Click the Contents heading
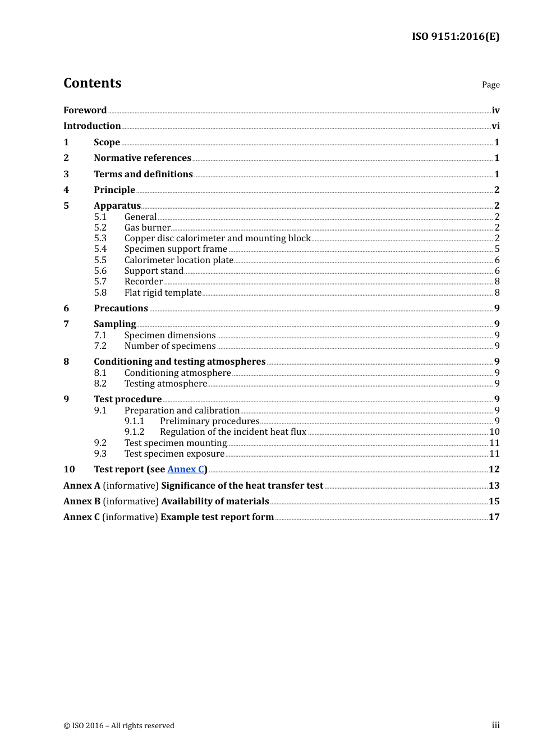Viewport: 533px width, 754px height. [x=92, y=83]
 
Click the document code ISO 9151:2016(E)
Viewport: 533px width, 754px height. [x=455, y=36]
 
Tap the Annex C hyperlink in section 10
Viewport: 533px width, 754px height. [x=186, y=470]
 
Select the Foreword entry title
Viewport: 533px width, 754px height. [x=85, y=111]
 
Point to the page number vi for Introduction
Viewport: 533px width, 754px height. [x=495, y=126]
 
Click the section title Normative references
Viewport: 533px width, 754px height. [x=143, y=158]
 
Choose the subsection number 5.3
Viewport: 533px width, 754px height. [x=100, y=238]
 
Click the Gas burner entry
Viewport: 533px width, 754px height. [x=147, y=228]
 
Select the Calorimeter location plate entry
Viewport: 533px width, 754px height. [x=178, y=260]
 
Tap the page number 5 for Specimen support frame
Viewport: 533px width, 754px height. [x=497, y=249]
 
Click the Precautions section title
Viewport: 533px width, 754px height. [x=121, y=309]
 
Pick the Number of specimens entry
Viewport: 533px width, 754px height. [x=169, y=346]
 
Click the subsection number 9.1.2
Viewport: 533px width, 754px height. [x=134, y=432]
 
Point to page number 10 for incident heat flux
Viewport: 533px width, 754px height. [x=494, y=432]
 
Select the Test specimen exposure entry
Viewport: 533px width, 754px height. [x=174, y=454]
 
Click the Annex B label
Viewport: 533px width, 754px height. [x=82, y=502]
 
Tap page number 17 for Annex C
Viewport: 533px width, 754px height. [x=494, y=517]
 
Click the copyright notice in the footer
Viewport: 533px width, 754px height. [x=119, y=726]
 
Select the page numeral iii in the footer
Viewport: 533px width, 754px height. [x=495, y=725]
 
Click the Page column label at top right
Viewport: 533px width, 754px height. [x=490, y=85]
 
